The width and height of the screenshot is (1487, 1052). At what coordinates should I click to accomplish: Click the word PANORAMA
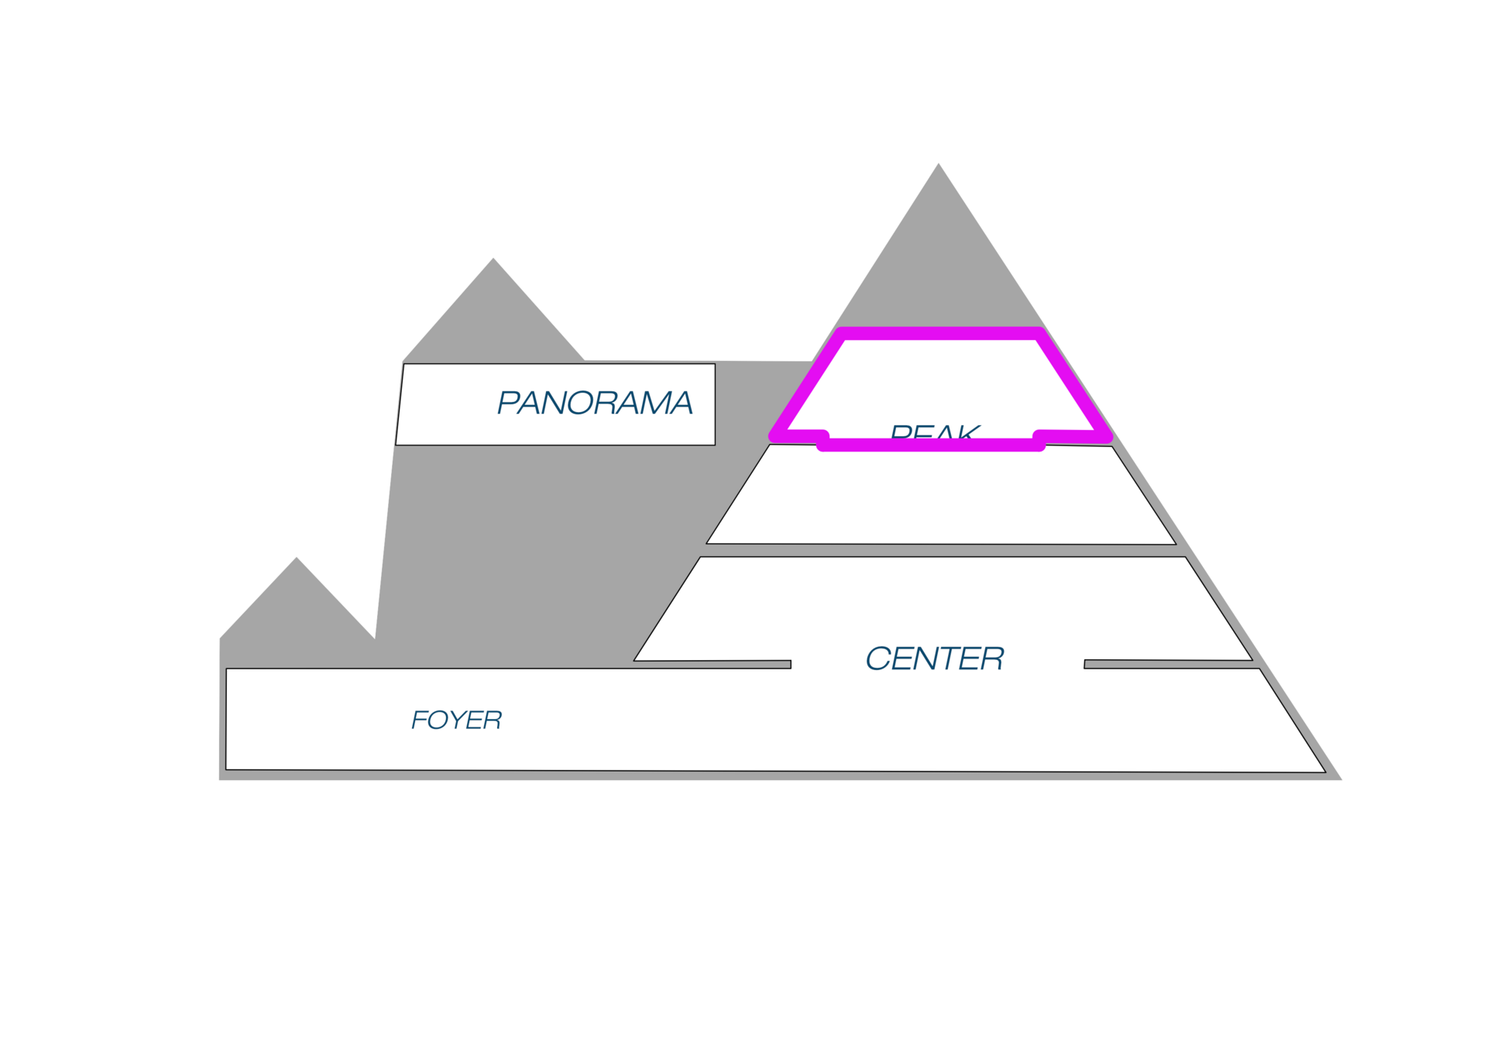[x=594, y=403]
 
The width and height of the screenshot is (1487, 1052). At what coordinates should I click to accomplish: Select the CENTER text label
[x=934, y=659]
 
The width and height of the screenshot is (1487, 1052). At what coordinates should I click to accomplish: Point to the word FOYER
[x=456, y=720]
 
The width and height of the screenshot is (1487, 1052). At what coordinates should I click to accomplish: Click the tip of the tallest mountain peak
[x=939, y=162]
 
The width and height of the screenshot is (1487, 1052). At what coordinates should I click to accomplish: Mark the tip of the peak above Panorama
[x=493, y=256]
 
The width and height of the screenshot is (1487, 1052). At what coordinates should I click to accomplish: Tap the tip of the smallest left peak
[x=296, y=556]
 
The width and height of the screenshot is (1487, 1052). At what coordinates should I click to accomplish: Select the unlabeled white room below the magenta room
[x=941, y=496]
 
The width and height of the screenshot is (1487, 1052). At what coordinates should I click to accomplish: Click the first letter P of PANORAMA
[x=508, y=403]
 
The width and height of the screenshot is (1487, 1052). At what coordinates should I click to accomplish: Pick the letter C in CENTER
[x=878, y=659]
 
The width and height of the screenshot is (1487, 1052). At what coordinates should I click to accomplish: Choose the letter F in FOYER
[x=419, y=720]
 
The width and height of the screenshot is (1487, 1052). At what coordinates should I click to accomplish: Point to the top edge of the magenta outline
[x=939, y=333]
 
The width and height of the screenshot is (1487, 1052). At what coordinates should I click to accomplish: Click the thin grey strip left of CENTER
[x=713, y=665]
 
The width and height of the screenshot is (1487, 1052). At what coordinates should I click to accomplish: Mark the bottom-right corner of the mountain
[x=1342, y=779]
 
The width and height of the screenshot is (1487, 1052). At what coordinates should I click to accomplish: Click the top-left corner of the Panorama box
[x=404, y=365]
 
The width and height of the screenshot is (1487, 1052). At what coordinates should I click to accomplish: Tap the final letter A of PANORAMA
[x=680, y=403]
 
